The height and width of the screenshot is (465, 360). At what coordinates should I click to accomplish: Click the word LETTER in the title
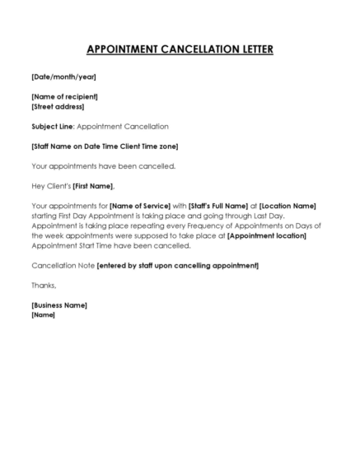coord(250,49)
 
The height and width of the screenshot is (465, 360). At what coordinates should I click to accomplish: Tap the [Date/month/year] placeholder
coord(63,77)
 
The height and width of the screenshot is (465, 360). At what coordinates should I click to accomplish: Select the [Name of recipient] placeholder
coord(67,97)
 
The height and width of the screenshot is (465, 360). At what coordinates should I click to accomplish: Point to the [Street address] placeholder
coord(58,107)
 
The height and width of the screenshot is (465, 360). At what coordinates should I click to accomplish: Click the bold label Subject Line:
coord(53,127)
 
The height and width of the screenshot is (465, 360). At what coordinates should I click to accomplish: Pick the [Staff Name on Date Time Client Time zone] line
coord(105,146)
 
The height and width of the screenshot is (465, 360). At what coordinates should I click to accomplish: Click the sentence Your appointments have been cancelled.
coord(91,166)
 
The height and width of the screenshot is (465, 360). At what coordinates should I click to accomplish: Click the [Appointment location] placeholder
coord(266,235)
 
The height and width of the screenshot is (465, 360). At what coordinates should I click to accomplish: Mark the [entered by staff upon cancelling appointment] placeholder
coord(178,265)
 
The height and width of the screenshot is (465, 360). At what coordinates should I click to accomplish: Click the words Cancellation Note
coord(63,265)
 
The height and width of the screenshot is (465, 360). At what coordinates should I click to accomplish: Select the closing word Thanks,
coord(44,285)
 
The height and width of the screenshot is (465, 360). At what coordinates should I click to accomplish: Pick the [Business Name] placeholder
coord(59,305)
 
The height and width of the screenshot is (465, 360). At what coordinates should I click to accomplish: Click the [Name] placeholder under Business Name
coord(43,314)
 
